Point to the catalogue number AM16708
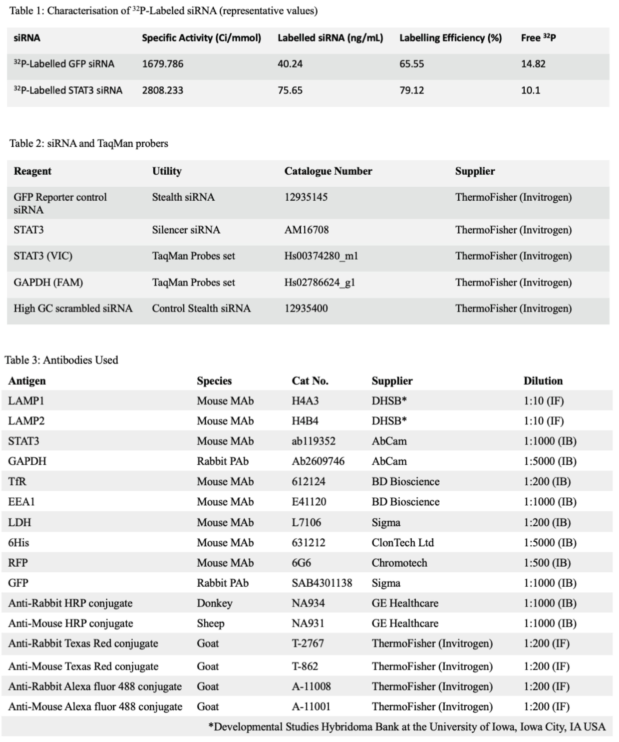point(306,230)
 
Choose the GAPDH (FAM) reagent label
point(48,282)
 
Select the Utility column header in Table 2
point(167,171)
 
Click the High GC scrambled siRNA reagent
point(73,308)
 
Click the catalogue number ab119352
point(313,441)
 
